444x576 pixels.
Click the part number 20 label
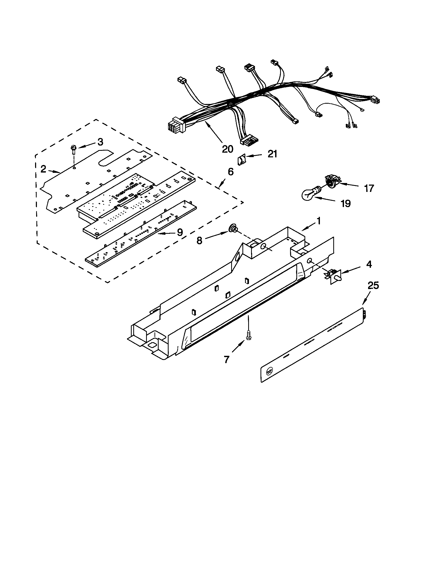pos(227,149)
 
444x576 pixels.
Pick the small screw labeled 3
pos(74,150)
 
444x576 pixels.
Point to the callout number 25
pos(373,285)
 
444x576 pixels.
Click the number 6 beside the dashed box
pos(230,172)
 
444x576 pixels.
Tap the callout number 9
pos(180,232)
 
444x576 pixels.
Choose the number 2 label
pos(43,169)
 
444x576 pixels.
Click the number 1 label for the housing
pos(319,221)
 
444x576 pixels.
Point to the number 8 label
pos(199,240)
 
